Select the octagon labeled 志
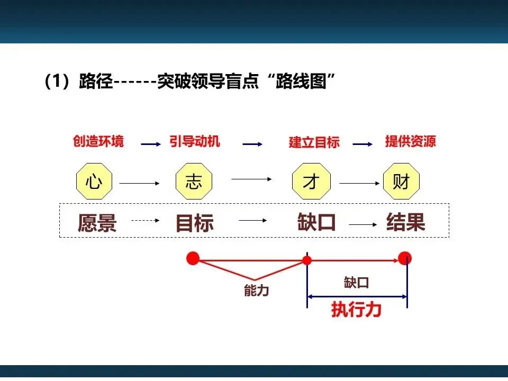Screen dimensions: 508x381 pos(193,182)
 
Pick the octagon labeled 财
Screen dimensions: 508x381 pos(401,182)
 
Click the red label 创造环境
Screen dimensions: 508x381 pos(98,141)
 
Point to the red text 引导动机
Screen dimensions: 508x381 pos(195,141)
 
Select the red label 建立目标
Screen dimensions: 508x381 pos(314,142)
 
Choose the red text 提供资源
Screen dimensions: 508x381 pos(410,141)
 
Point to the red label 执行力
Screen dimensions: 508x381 pos(356,310)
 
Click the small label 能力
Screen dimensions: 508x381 pos(256,291)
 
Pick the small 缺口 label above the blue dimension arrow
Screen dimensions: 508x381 pos(356,282)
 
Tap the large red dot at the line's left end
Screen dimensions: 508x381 pos(193,258)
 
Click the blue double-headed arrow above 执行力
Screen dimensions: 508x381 pos(357,296)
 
